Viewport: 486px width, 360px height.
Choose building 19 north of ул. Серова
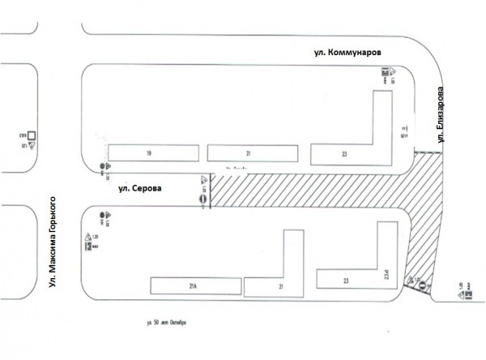click(149, 152)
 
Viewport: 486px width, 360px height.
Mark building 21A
click(194, 285)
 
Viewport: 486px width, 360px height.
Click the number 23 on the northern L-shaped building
click(345, 152)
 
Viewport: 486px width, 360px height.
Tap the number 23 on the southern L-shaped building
click(346, 281)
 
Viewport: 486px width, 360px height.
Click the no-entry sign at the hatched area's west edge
click(202, 196)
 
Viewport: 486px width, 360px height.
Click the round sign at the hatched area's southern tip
click(422, 283)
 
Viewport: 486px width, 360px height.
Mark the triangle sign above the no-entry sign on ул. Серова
click(202, 181)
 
